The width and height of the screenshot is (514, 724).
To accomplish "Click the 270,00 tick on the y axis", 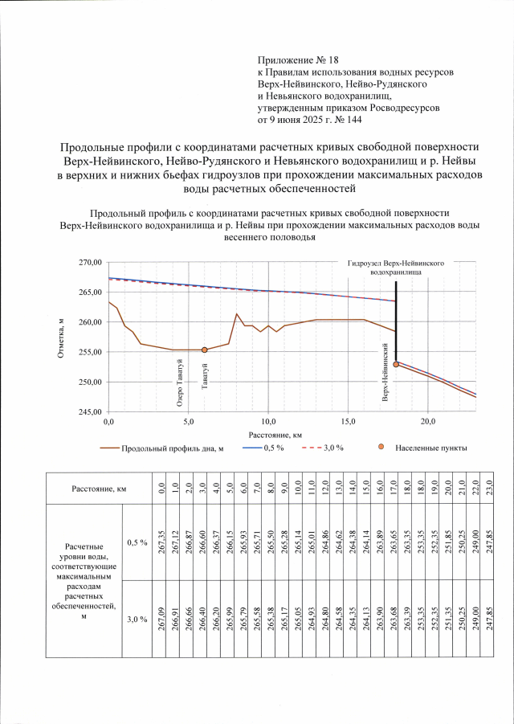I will (x=88, y=263).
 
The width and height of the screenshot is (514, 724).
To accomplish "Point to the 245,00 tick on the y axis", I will (x=88, y=411).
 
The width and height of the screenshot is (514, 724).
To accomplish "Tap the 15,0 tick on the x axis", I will (x=348, y=420).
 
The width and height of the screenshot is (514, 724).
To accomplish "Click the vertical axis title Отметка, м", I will (x=61, y=337).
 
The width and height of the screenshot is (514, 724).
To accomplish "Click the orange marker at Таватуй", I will (x=205, y=350).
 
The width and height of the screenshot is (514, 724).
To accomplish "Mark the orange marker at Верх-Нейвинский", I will (x=395, y=364).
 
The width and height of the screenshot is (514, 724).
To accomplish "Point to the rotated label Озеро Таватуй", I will (x=181, y=384).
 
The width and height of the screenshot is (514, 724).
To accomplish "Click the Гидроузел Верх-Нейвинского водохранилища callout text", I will (x=396, y=268).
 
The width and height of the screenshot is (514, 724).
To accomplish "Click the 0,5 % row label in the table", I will (x=137, y=542).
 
